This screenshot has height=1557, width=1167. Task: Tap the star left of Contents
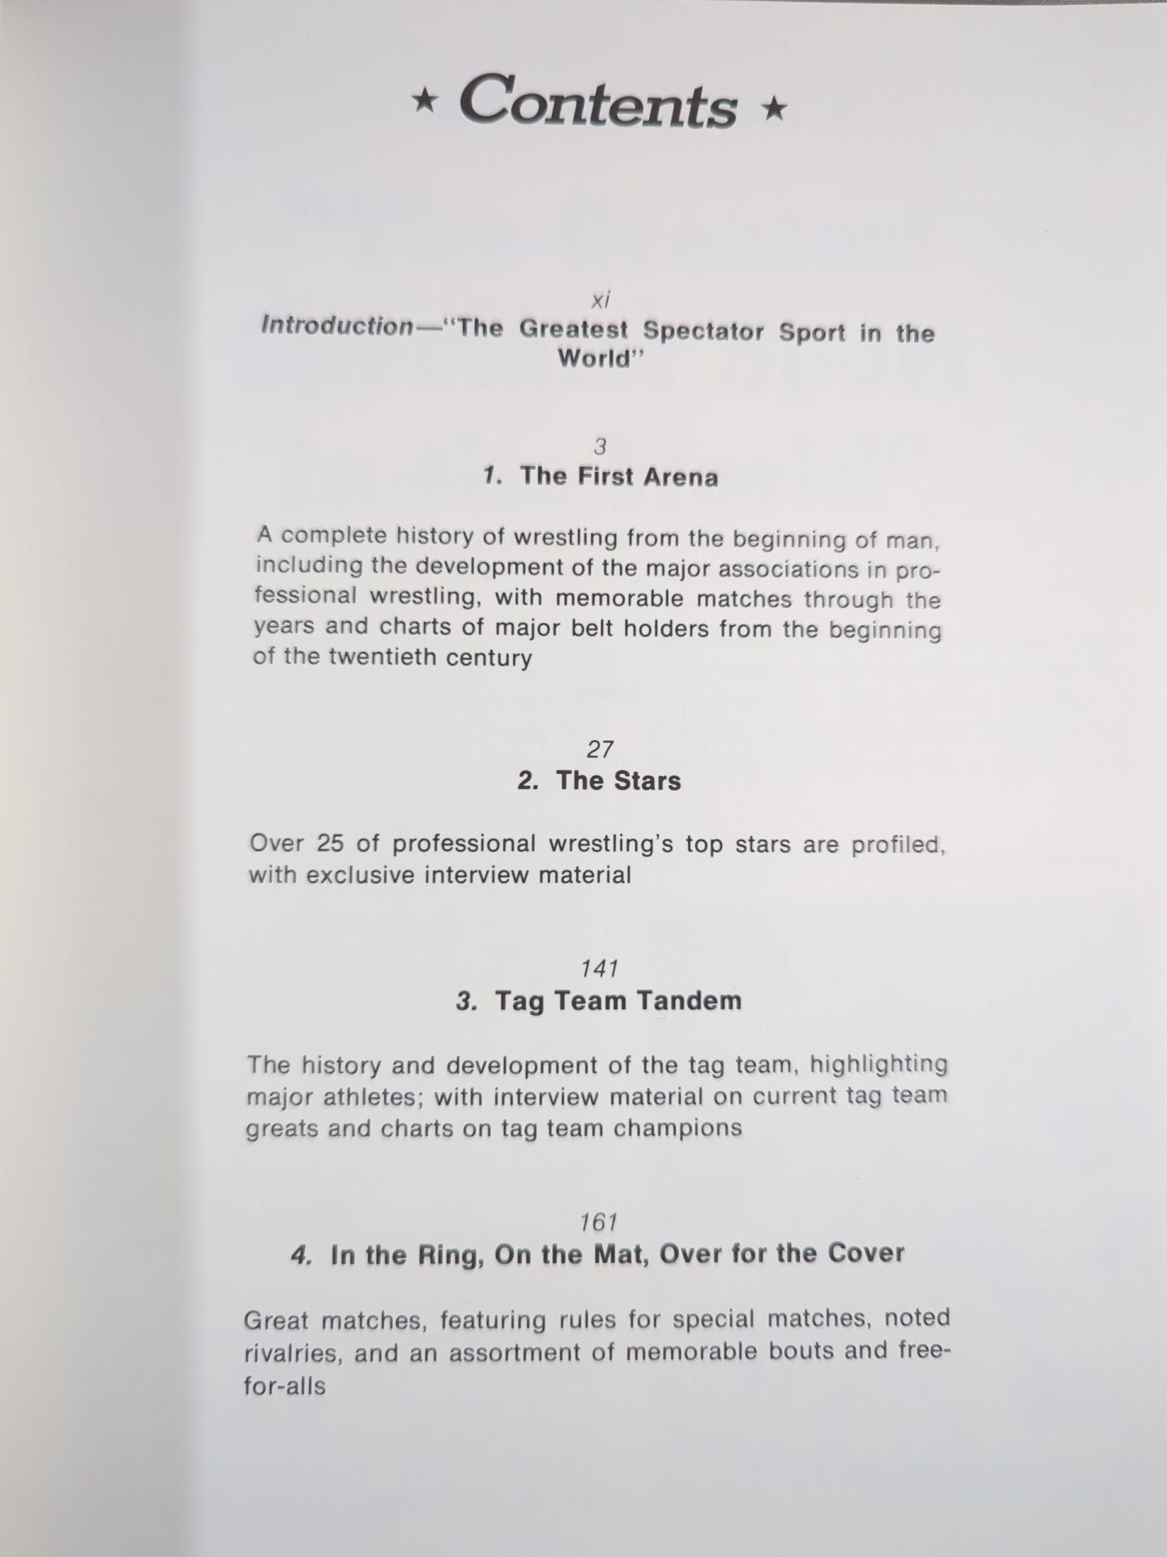click(x=423, y=104)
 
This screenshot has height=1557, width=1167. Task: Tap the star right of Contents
click(x=775, y=108)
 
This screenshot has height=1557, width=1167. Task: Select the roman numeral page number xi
click(x=600, y=300)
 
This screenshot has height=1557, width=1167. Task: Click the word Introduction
click(x=337, y=326)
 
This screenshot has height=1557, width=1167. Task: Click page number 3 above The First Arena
click(x=600, y=446)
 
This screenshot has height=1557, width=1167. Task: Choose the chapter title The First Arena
click(x=618, y=476)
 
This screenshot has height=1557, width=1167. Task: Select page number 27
click(x=600, y=749)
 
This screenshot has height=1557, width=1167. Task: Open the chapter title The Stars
click(x=618, y=781)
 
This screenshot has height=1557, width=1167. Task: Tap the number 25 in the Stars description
click(x=330, y=843)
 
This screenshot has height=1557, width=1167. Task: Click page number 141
click(x=600, y=968)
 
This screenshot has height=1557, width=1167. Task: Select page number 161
click(x=600, y=1221)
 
